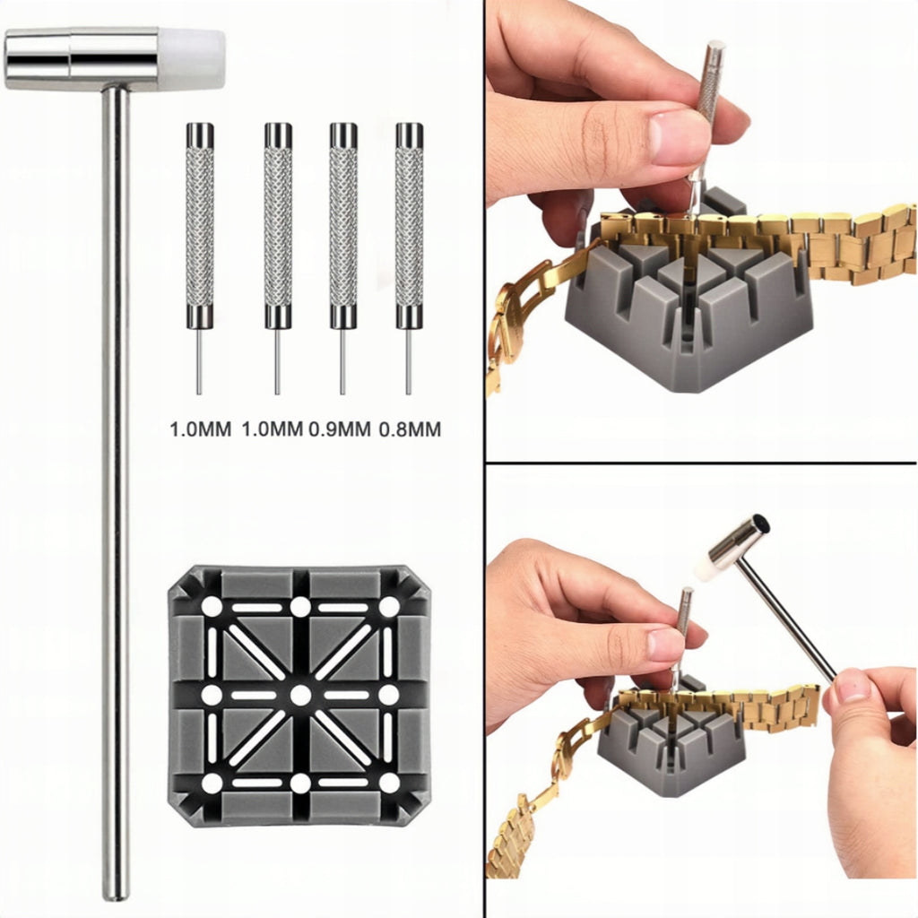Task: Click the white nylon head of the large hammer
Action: coord(192,60)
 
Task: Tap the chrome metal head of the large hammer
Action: coord(81,58)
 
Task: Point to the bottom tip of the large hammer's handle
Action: coord(116,897)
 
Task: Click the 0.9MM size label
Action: coord(340,429)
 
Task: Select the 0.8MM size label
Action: coord(410,429)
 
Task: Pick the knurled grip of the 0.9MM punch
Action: coord(343,227)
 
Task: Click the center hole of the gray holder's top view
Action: coord(300,696)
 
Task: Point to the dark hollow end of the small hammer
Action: coord(760,523)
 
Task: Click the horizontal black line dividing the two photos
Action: coord(701,463)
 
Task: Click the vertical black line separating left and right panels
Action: coord(485,459)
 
